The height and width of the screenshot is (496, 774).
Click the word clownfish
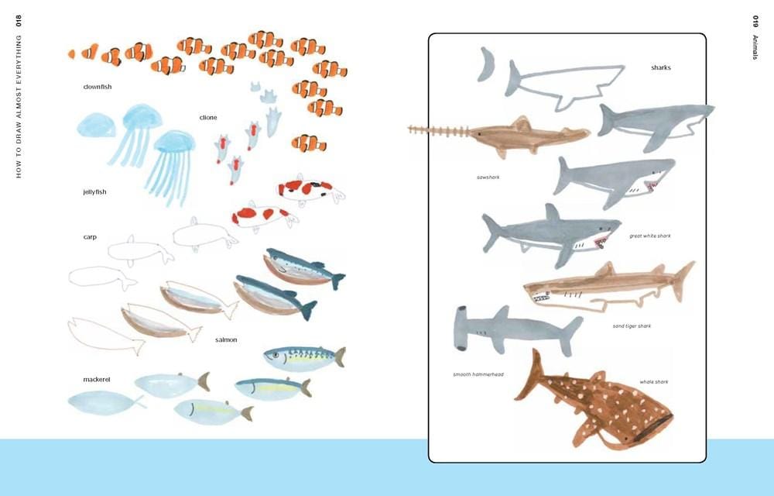[x=97, y=87]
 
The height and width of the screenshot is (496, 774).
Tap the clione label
[x=208, y=118]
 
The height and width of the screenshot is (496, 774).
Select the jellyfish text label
[x=94, y=191]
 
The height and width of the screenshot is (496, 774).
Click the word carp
[x=90, y=236]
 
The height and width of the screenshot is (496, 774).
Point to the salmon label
[x=226, y=339]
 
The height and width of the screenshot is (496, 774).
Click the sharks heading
[x=660, y=68]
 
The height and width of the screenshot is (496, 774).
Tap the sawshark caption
[x=488, y=177]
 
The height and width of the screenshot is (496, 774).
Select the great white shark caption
[x=649, y=236]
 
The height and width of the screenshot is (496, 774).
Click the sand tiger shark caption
[x=632, y=326]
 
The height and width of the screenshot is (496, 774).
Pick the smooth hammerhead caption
[x=478, y=374]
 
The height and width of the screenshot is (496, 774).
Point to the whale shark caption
[x=653, y=381]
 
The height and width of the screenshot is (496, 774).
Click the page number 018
[x=19, y=22]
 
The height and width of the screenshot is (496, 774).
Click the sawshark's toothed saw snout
[x=437, y=130]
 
